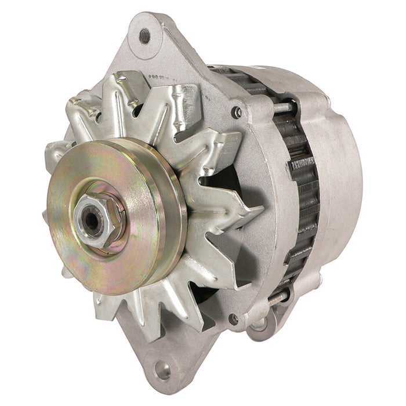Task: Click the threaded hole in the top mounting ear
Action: pyautogui.click(x=144, y=37)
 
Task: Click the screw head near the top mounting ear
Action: pyautogui.click(x=236, y=111)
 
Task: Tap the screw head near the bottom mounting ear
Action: pyautogui.click(x=233, y=318)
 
